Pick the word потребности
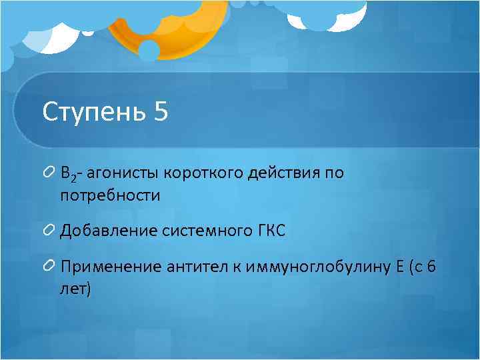click(110, 196)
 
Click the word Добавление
click(107, 231)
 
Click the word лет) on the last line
click(75, 289)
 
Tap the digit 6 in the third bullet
click(431, 267)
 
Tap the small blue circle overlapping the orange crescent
click(149, 49)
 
